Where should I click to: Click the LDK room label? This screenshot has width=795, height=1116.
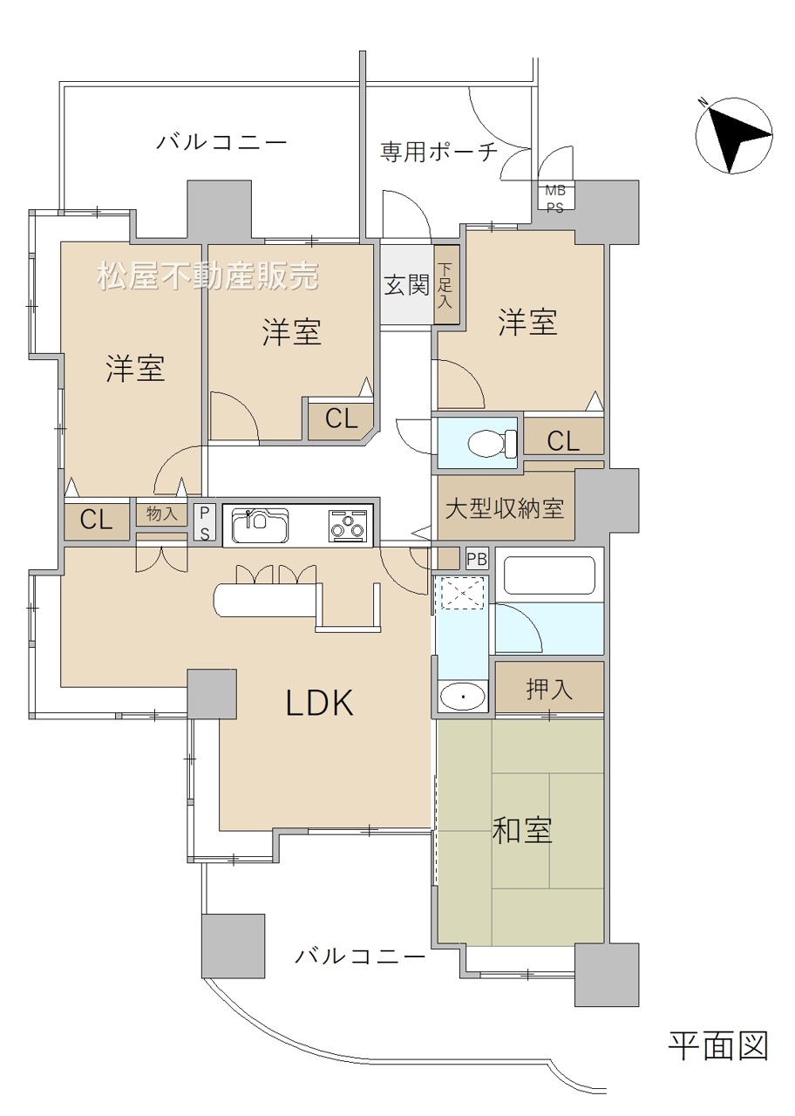point(319,703)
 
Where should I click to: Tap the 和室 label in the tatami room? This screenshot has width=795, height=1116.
point(521,829)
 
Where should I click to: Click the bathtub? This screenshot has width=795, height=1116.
point(549,575)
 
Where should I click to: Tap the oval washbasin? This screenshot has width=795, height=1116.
point(463,696)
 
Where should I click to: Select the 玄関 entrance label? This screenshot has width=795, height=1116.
point(407,285)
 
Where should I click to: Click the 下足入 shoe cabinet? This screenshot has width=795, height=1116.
point(446,285)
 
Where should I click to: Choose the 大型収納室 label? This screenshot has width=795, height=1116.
point(505,508)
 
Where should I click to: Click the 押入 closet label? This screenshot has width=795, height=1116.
point(549,689)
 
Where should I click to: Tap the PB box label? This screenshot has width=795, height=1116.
point(477,559)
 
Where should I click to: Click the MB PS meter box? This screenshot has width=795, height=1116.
point(555,198)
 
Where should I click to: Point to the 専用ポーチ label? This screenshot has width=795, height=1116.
point(438,151)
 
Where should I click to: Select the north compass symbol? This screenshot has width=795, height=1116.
point(733,135)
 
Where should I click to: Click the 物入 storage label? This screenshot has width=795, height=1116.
point(162,514)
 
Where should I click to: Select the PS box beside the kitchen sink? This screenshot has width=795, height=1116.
point(205,522)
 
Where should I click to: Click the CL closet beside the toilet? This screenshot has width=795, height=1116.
point(563,437)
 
